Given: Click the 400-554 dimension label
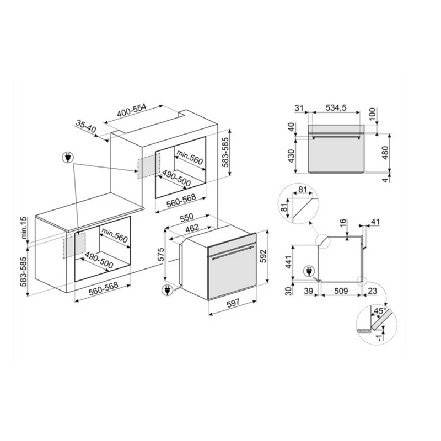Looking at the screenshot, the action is (x=132, y=110).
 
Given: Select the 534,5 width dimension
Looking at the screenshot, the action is (x=336, y=107).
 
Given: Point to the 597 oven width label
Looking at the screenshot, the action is (x=233, y=303).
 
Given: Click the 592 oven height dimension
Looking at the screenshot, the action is (x=262, y=256).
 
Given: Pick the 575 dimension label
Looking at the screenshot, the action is (x=160, y=255).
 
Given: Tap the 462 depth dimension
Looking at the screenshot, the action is (x=192, y=228).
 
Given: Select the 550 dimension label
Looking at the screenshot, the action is (x=186, y=217).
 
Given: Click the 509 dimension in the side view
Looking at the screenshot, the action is (x=341, y=291).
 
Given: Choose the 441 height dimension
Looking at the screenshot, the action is (x=288, y=262).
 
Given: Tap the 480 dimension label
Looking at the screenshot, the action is (x=385, y=153).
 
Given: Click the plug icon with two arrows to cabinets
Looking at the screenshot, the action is (x=67, y=158).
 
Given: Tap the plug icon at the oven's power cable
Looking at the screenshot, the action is (x=168, y=291).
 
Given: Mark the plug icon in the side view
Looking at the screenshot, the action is (x=309, y=272).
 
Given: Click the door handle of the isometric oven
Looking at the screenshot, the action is (x=233, y=252).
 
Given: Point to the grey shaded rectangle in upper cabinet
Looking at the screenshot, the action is (x=148, y=165).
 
